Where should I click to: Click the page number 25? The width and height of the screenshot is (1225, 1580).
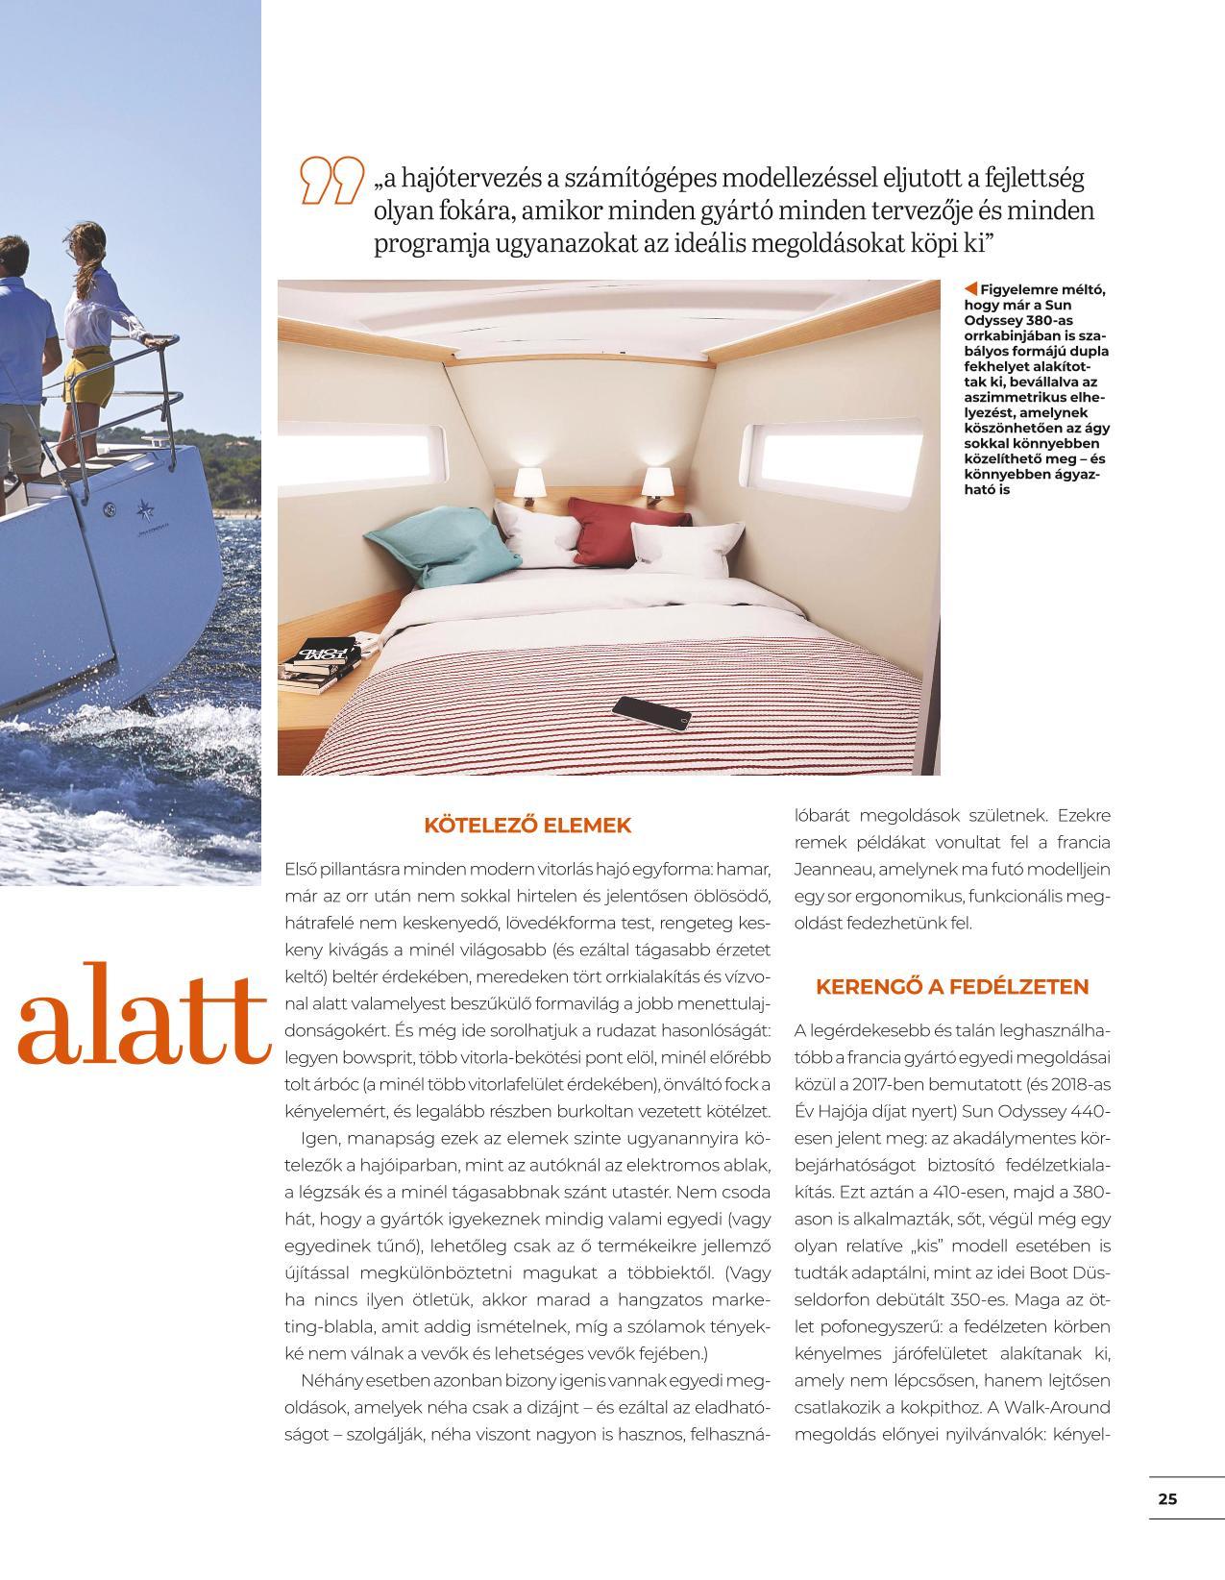tap(1167, 1498)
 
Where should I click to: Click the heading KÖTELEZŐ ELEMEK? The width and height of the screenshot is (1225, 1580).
tap(527, 825)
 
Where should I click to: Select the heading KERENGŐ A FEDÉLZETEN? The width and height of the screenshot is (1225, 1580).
tap(952, 986)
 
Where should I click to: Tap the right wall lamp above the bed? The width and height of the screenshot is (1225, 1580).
tap(657, 481)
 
